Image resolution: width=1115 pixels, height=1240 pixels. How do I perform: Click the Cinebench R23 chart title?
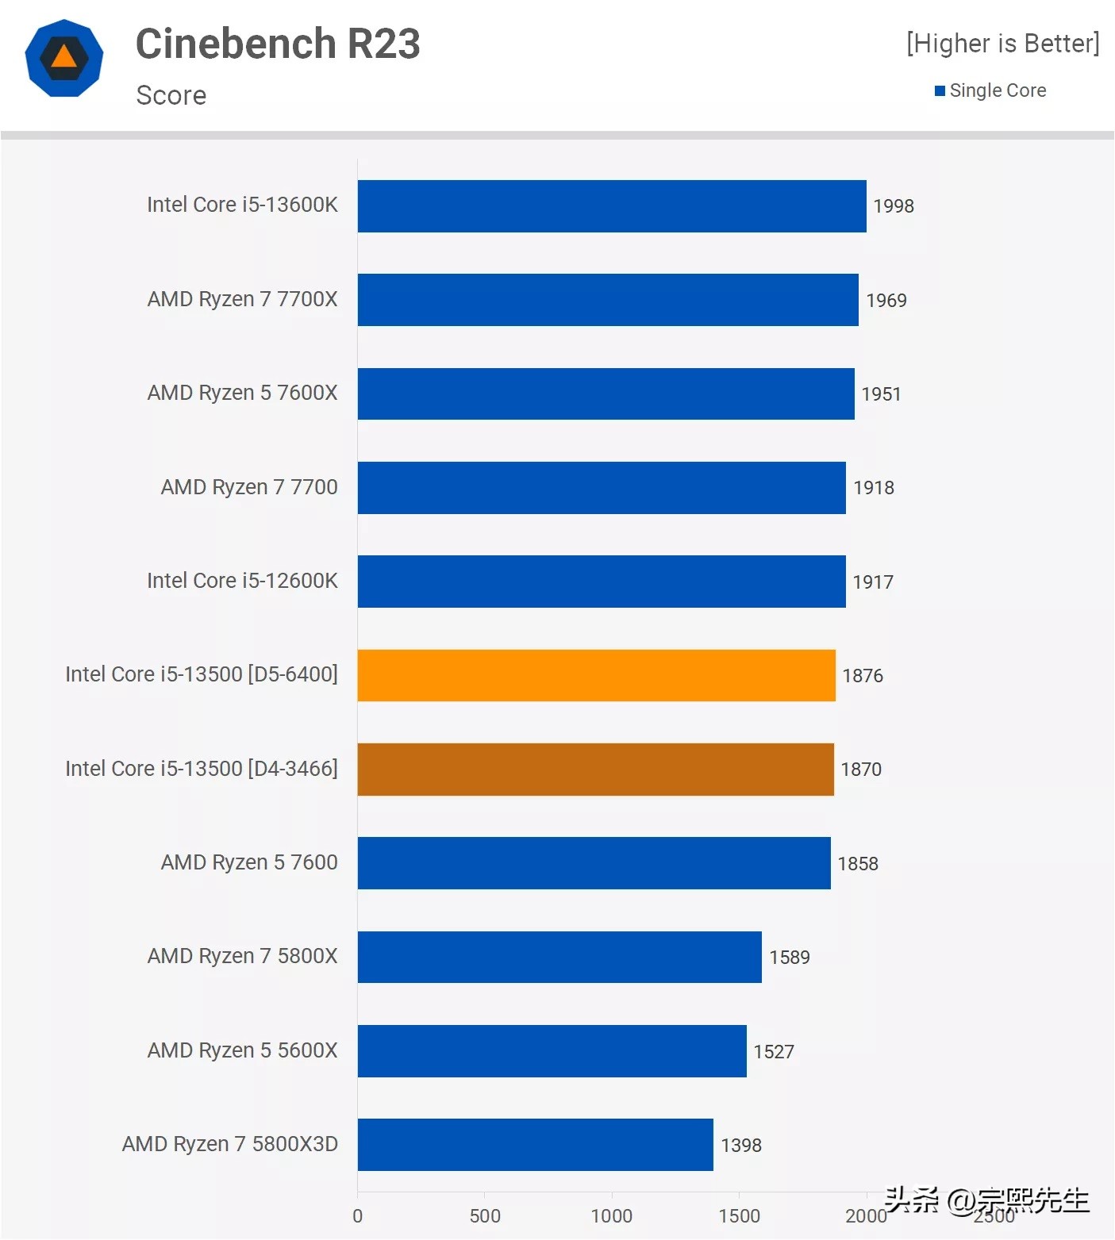coord(278,44)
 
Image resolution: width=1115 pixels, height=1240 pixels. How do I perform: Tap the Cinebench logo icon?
coord(64,58)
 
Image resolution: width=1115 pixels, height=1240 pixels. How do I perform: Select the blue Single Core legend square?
coord(940,91)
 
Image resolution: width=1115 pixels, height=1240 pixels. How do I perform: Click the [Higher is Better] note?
coord(1002,44)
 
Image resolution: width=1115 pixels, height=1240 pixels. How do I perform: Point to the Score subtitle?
coord(171,96)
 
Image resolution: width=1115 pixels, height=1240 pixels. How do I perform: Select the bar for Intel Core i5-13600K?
coord(611,206)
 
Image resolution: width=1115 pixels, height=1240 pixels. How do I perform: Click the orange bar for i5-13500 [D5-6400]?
coord(596,675)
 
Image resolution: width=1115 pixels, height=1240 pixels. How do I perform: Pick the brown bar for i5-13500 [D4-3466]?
coord(595,770)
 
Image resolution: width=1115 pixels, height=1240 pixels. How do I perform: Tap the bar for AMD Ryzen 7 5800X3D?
coord(535,1145)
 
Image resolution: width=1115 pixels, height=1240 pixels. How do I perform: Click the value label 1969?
coord(886,301)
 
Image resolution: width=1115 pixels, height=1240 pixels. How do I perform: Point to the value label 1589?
coord(789,958)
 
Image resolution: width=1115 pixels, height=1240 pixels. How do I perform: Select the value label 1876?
coord(862,676)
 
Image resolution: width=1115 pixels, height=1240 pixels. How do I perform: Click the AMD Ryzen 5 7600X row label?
coord(242,393)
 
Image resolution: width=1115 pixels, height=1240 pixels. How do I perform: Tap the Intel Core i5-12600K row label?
coord(242,582)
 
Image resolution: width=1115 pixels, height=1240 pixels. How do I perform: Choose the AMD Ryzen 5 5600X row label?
coord(242,1051)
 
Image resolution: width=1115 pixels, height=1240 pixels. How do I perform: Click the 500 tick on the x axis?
coord(485,1216)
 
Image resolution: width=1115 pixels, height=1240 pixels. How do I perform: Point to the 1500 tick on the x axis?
coord(739,1216)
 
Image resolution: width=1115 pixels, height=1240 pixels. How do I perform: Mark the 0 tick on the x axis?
coord(358,1216)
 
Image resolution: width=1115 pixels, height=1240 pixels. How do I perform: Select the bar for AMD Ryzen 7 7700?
coord(602,488)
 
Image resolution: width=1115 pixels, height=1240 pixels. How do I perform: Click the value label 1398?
coord(740,1146)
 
